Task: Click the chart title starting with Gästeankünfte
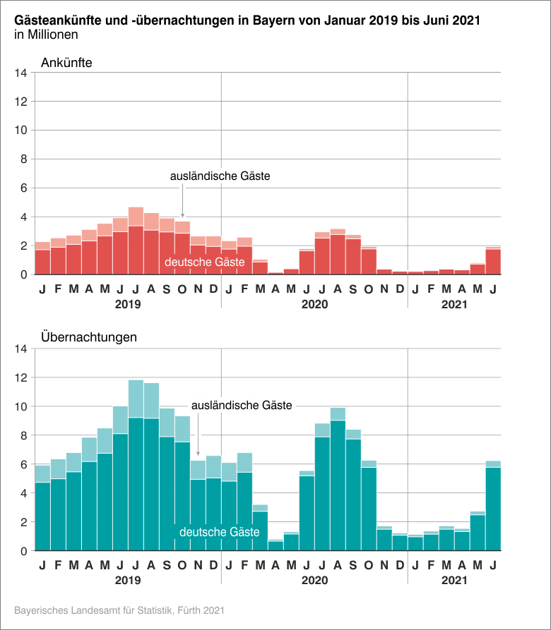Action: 247,20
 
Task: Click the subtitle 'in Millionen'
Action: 46,34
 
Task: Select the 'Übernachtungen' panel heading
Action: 89,337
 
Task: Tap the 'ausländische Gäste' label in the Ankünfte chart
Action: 220,176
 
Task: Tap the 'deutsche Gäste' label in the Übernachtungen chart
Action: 220,532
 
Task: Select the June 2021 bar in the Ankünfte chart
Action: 493,260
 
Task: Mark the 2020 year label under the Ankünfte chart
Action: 315,305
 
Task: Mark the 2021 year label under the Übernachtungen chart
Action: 455,580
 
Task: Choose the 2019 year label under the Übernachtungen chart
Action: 128,580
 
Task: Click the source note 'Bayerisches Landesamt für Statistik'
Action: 119,609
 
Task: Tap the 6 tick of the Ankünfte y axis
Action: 23,188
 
